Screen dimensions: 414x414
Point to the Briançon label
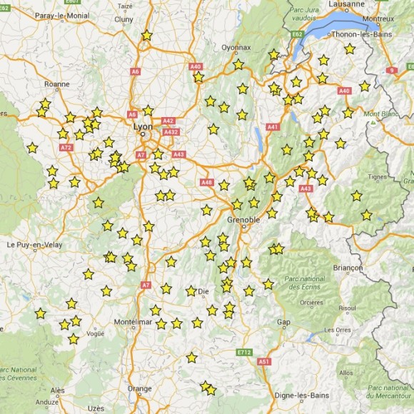pyautogui.click(x=348, y=268)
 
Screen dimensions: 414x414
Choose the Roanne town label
pyautogui.click(x=57, y=84)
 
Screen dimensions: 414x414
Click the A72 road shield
pyautogui.click(x=66, y=148)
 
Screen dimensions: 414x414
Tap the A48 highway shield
pyautogui.click(x=207, y=183)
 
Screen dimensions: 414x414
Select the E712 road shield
pyautogui.click(x=246, y=353)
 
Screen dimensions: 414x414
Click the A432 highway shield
pyautogui.click(x=171, y=132)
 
